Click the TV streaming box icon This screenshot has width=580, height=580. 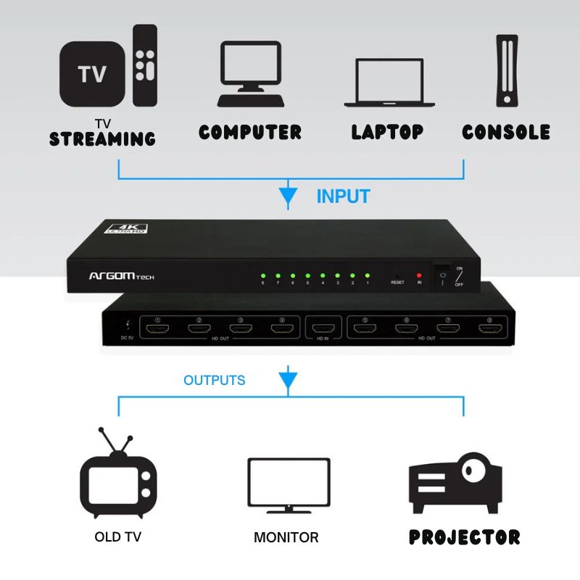pos(92,73)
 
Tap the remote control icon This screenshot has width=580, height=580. pos(144,65)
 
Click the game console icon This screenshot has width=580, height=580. pos(507,72)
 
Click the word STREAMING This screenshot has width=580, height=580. pos(102,138)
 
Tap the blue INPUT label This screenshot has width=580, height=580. pos(343,196)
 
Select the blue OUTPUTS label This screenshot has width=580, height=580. pos(214,380)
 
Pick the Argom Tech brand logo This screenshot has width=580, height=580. pos(121,276)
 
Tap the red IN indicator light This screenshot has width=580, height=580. pos(418,275)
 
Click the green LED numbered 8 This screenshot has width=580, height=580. pos(262,275)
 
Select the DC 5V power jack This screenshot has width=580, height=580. pos(128,326)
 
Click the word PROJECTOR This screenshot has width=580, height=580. pos(464,537)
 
